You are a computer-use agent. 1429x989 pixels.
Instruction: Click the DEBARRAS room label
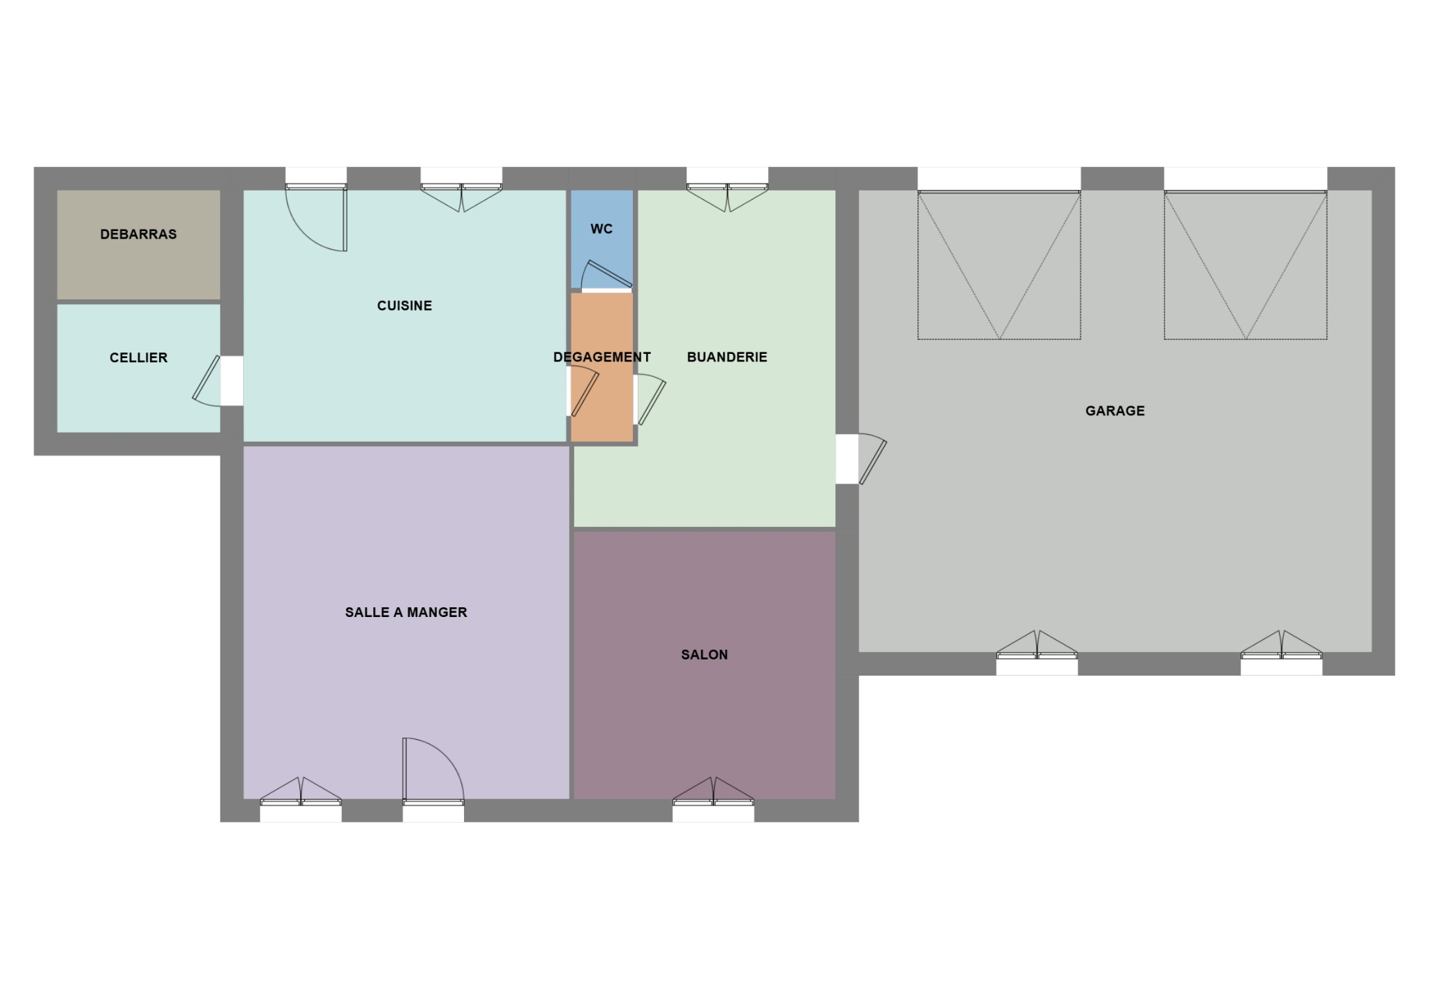click(138, 235)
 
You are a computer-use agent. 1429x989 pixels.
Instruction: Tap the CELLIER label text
click(138, 358)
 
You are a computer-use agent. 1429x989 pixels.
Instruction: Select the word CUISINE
click(405, 306)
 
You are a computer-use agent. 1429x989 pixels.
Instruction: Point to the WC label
click(601, 229)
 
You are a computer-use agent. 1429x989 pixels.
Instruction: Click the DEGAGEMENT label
click(602, 357)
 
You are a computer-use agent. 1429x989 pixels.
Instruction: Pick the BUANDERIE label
click(727, 357)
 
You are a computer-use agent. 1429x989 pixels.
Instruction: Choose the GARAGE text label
click(1115, 411)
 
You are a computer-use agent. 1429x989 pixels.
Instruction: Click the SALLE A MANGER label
click(406, 612)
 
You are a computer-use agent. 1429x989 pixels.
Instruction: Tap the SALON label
click(705, 655)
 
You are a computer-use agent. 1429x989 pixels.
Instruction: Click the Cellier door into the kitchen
click(207, 381)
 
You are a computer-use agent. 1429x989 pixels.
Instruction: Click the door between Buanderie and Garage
click(871, 459)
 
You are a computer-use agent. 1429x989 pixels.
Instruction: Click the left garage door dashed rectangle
click(999, 266)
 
